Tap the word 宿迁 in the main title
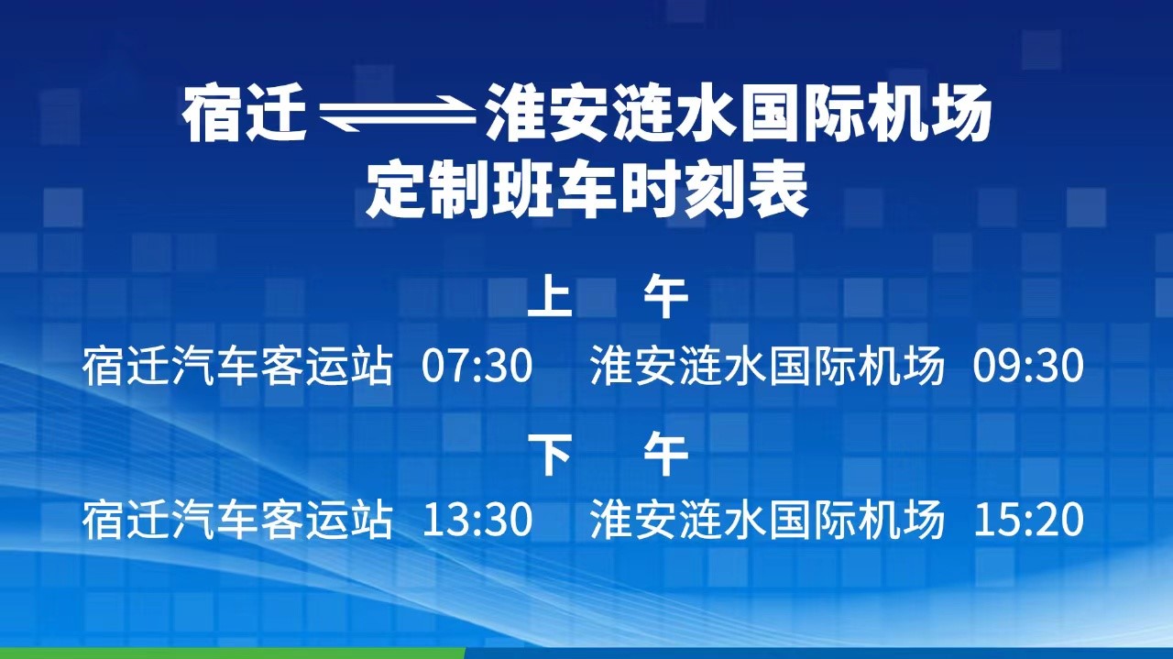point(245,114)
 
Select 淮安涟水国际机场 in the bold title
point(739,114)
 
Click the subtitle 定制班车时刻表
point(586,192)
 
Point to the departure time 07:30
point(477,366)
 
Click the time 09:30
point(1028,366)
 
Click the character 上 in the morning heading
point(549,298)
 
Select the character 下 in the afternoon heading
point(549,454)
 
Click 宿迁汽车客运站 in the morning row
point(237,366)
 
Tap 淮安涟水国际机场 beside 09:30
point(768,366)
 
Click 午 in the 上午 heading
point(666,298)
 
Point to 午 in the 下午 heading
point(666,454)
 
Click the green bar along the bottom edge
point(233,654)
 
